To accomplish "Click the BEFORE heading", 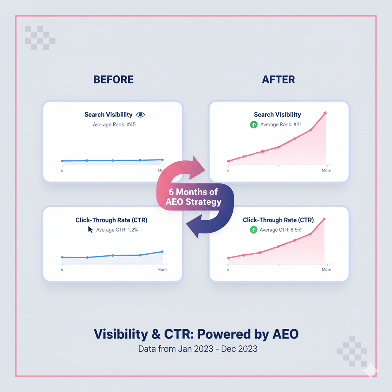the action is click(113, 80).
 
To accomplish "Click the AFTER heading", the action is click(278, 80).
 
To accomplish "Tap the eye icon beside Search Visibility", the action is click(140, 115).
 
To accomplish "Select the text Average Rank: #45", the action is click(114, 124).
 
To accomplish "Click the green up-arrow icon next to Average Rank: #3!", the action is click(254, 124).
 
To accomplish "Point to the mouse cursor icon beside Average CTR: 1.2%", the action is click(90, 230).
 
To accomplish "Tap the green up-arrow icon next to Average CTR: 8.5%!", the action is click(253, 230).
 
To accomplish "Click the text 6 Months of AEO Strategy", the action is click(193, 197).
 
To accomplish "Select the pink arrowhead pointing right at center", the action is click(197, 168).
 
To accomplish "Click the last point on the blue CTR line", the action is click(162, 252).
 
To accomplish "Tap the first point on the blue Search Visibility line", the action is click(62, 161).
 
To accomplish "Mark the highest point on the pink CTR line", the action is click(324, 219).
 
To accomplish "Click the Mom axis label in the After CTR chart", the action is click(327, 269).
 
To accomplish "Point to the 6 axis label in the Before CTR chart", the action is click(62, 269).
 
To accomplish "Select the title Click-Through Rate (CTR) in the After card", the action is click(278, 220).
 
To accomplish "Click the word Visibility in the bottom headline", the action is click(121, 334).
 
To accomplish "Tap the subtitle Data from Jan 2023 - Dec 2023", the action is click(198, 349).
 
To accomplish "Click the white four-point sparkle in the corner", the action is click(371, 371).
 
